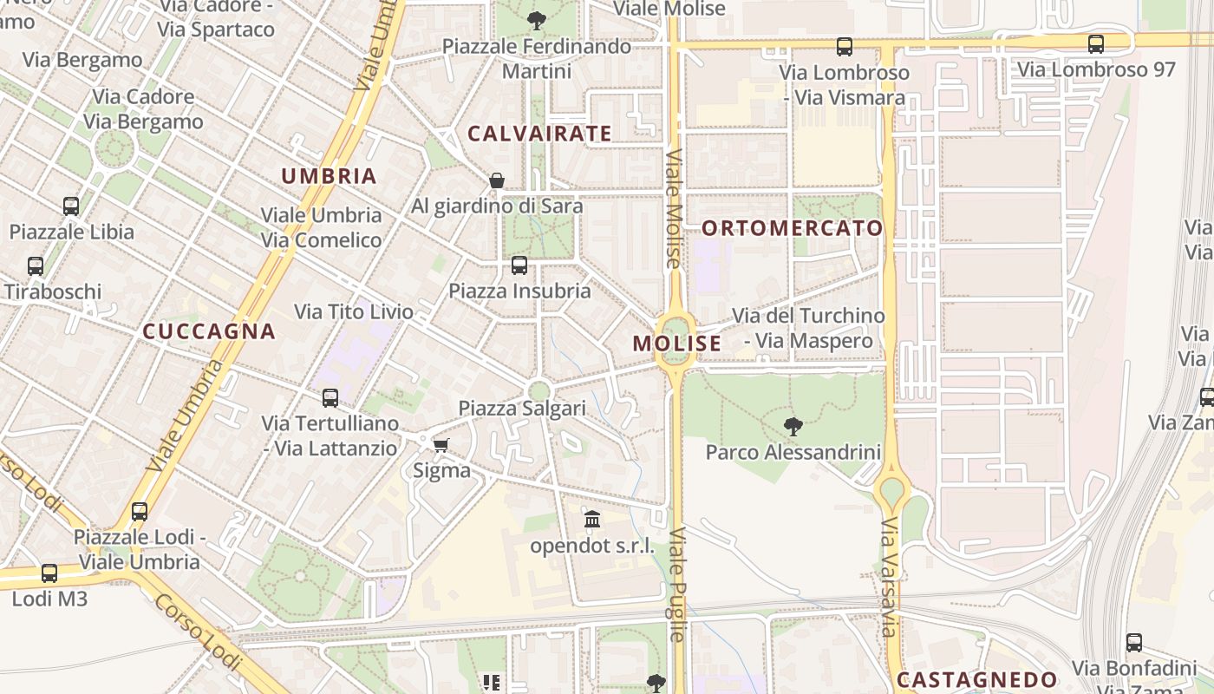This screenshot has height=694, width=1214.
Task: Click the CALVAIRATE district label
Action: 539,134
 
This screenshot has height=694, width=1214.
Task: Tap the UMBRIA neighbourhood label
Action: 329,176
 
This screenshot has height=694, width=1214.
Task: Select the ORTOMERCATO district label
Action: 792,228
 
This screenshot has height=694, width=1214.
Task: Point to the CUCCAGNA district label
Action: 208,331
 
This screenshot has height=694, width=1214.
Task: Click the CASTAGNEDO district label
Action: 977,680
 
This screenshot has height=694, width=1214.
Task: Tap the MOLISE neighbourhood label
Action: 676,344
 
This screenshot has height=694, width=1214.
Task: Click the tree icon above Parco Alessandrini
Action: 793,426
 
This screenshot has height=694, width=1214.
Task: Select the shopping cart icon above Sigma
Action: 441,445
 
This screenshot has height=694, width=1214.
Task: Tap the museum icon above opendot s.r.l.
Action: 592,520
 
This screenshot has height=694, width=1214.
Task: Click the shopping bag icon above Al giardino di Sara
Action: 497,180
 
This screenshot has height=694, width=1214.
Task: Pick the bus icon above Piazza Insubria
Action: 519,265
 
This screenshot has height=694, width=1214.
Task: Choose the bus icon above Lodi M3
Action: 49,573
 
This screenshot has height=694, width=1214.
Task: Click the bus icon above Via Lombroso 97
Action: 1096,43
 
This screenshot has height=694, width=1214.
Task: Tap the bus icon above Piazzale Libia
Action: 71,206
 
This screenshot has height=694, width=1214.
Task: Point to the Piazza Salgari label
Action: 522,408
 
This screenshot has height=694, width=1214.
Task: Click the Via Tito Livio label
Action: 354,311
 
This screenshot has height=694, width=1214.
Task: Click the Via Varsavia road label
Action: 890,578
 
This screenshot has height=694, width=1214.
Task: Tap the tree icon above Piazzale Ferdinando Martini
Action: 537,20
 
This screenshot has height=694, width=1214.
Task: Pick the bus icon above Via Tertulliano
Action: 330,398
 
